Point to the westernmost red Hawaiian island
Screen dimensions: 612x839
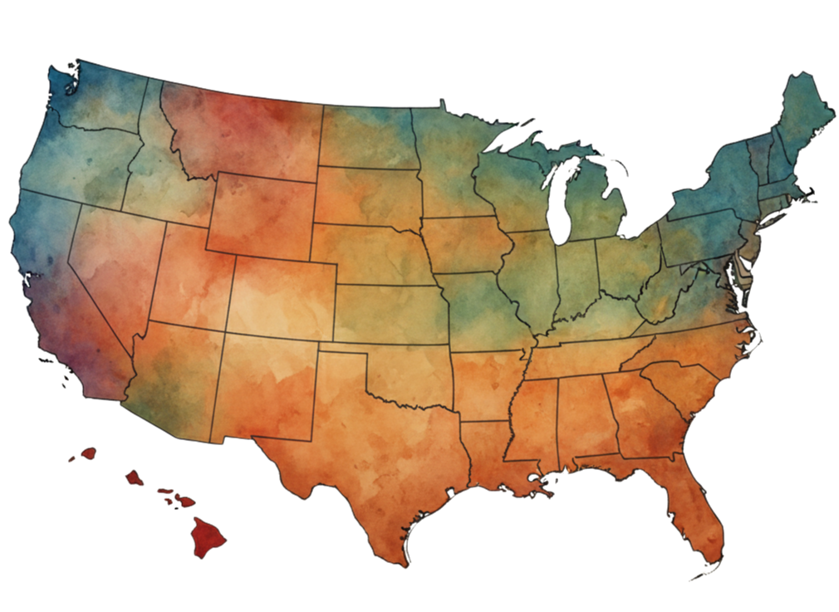(x=87, y=453)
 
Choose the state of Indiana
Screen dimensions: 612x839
(x=574, y=282)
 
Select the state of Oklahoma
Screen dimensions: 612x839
(x=407, y=374)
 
